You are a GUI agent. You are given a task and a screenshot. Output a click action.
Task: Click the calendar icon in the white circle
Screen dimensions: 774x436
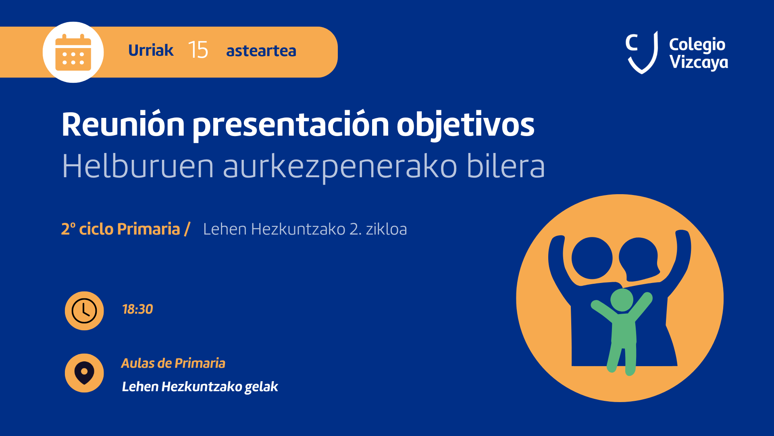pos(73,52)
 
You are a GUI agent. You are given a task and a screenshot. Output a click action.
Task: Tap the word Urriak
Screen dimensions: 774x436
pos(151,50)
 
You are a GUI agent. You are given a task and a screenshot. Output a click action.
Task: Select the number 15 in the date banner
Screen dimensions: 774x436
pos(198,50)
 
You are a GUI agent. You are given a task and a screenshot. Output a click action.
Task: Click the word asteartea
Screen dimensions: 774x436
pos(261,51)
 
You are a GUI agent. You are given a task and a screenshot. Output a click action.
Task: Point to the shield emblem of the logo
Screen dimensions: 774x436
pos(642,52)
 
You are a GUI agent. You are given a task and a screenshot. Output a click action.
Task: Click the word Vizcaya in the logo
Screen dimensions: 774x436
pos(699,62)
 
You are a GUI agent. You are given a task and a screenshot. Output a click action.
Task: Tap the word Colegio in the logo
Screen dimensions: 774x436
pos(697,44)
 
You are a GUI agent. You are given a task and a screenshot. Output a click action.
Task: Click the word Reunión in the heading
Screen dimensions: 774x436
pos(123,124)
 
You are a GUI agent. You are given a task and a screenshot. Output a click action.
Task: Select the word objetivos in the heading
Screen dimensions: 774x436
pos(466,125)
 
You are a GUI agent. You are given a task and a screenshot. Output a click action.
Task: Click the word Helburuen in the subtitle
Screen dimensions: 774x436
pos(138,166)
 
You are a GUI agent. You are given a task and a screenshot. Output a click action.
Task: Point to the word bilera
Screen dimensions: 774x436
pos(506,166)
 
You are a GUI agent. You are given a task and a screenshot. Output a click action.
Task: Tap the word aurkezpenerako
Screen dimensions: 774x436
pos(340,167)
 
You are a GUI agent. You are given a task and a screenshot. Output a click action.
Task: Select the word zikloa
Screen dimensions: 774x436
pos(386,229)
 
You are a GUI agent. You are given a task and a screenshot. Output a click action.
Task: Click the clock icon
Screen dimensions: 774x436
pos(84,311)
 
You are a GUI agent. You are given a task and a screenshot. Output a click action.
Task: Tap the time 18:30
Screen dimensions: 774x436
pos(137,309)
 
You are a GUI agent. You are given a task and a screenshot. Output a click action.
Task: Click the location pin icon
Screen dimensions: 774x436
pos(84,373)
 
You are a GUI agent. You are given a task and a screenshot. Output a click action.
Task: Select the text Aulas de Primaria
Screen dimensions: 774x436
pos(173,363)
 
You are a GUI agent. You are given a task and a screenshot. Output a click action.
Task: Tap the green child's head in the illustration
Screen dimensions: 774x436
pos(622,300)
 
